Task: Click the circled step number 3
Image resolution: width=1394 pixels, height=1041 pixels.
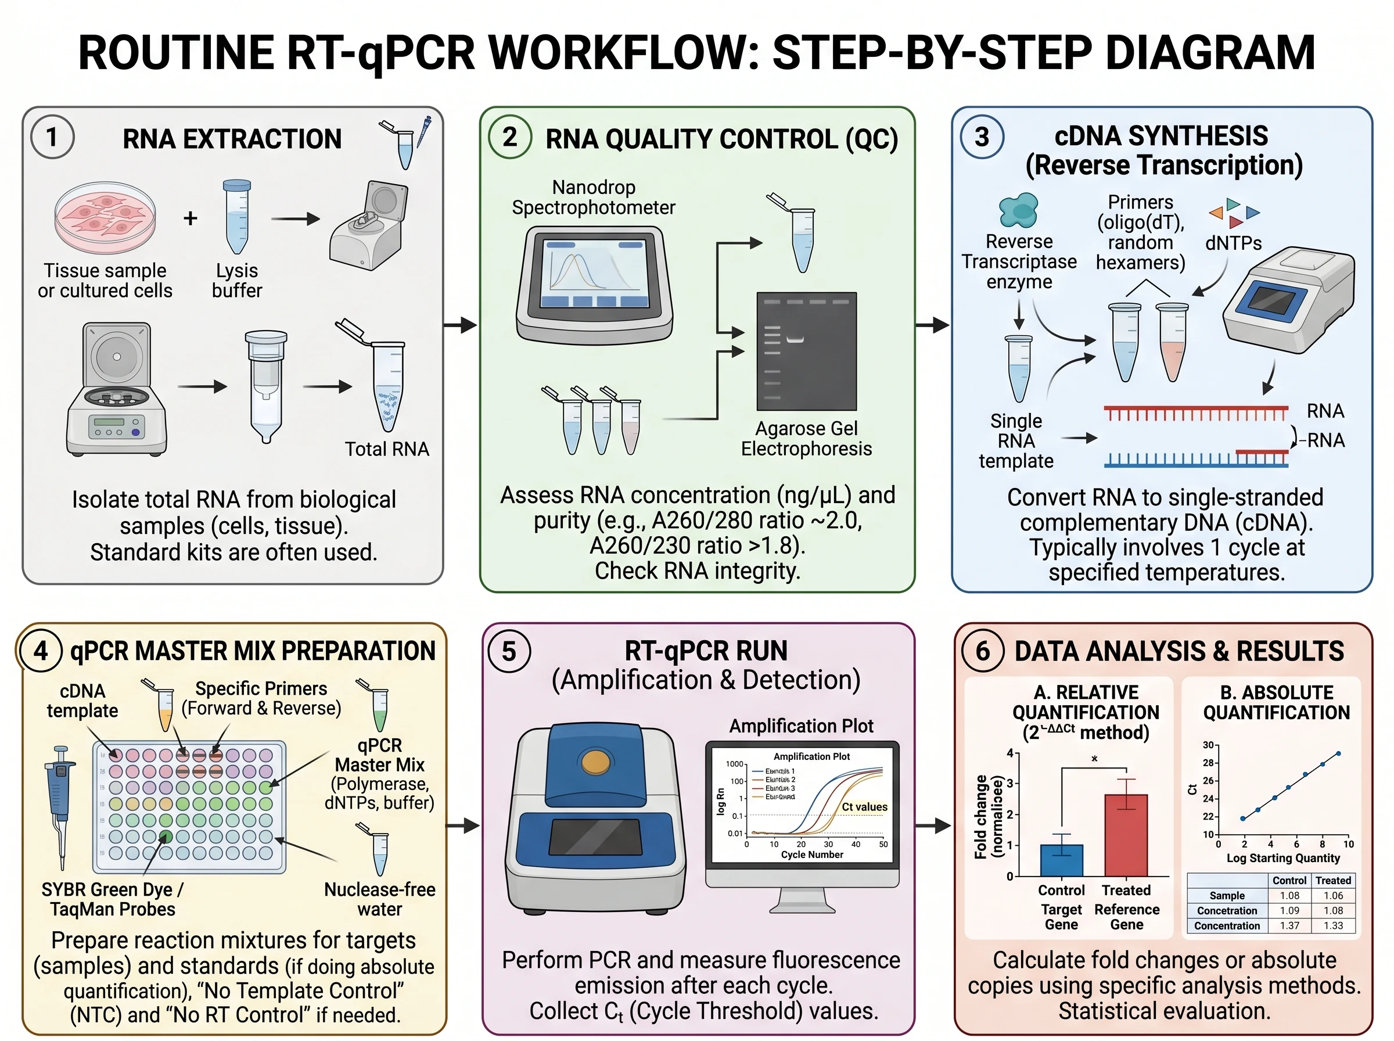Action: pos(982,137)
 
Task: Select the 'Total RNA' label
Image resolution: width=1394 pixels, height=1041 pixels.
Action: pos(386,448)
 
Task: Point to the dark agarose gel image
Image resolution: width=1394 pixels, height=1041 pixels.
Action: pos(806,350)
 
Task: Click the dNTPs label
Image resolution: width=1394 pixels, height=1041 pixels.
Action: pos(1233,243)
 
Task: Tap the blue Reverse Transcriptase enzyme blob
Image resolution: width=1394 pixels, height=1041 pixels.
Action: pos(1018,210)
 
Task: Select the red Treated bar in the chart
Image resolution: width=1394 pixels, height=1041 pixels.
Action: pos(1126,834)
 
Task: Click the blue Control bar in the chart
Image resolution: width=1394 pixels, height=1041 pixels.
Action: pos(1061,860)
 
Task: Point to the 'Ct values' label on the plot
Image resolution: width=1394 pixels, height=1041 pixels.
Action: pos(864,806)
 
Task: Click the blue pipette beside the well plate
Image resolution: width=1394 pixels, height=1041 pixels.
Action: pos(60,801)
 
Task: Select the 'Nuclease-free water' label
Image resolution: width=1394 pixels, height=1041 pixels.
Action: pos(379,899)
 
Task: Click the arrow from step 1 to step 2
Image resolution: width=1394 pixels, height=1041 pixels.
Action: pos(460,325)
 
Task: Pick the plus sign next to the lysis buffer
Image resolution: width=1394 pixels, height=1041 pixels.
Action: pos(191,218)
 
